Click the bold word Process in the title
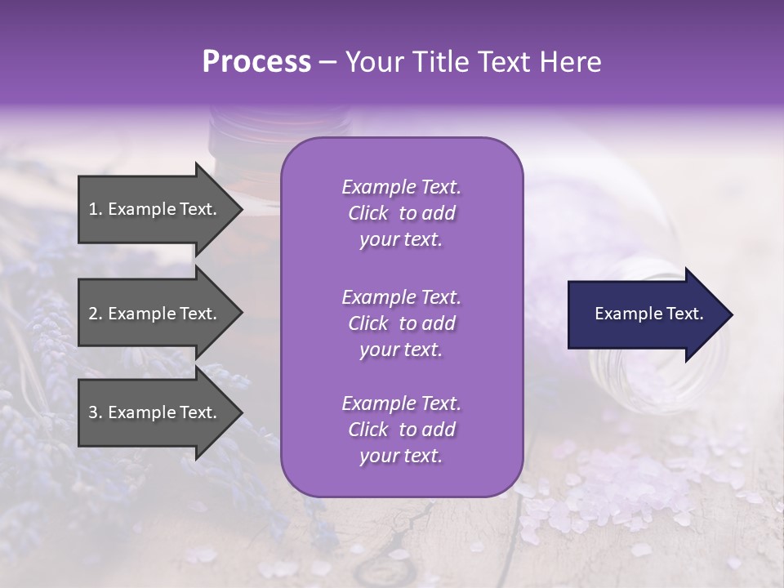[256, 61]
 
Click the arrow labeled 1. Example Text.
[155, 209]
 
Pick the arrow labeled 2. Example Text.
[155, 314]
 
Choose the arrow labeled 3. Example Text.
[155, 412]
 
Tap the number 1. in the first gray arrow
[96, 209]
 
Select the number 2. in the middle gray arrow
[96, 314]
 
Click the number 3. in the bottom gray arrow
[96, 412]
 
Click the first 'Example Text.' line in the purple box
[401, 187]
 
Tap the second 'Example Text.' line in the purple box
[401, 296]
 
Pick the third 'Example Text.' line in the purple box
[401, 403]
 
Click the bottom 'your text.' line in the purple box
[401, 457]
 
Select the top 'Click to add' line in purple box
[401, 213]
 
